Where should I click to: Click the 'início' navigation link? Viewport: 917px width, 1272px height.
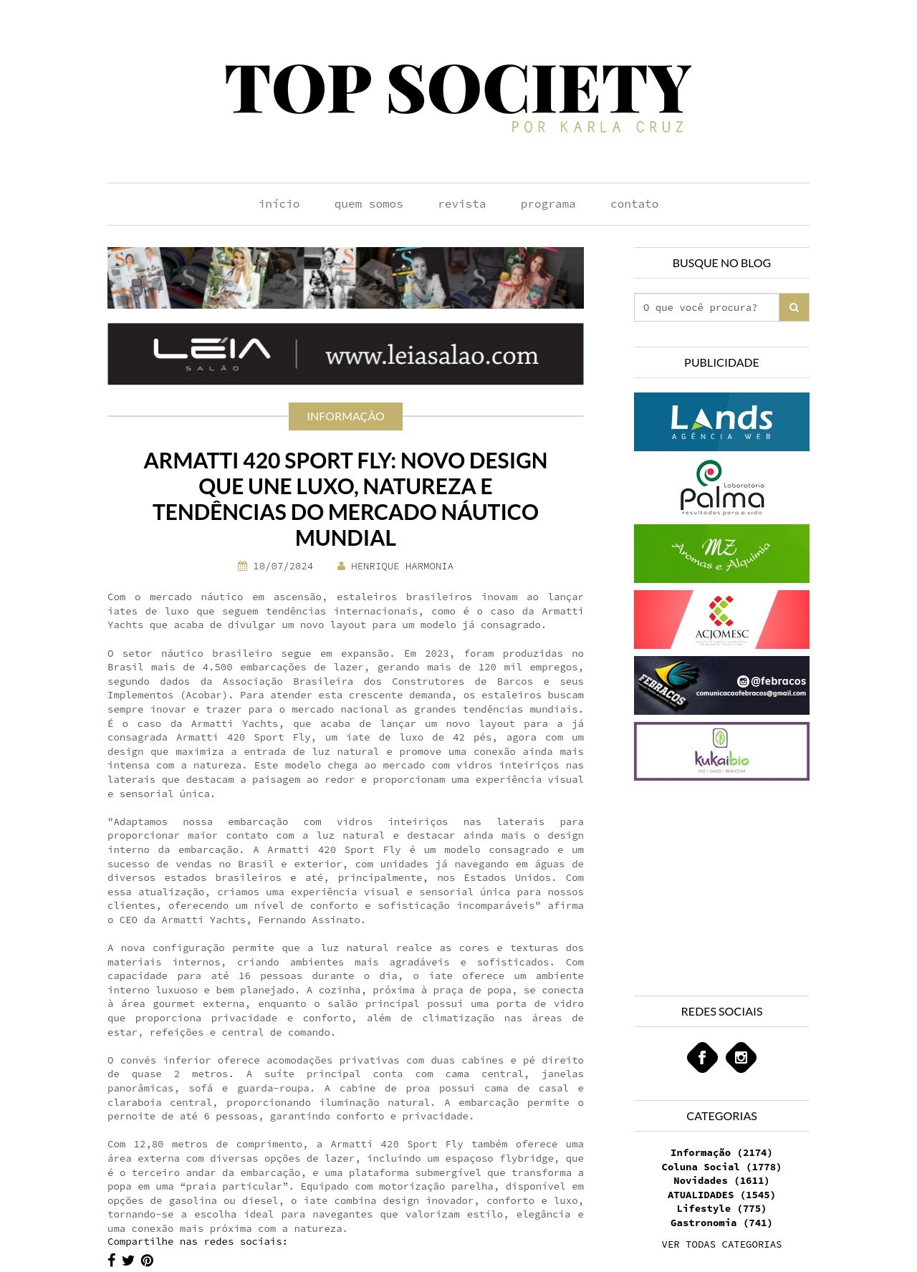click(279, 204)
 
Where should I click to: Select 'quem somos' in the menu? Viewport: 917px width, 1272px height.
click(368, 204)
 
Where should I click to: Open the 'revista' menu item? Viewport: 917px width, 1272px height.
click(461, 204)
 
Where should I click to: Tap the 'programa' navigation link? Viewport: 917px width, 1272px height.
click(547, 204)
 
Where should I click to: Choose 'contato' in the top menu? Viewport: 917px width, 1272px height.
click(634, 204)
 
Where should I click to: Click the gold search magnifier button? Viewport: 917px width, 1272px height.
click(794, 307)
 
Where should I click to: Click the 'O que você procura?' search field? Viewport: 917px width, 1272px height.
click(706, 307)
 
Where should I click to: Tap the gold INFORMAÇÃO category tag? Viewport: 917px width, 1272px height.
click(345, 416)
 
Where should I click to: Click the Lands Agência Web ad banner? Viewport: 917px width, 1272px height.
click(721, 422)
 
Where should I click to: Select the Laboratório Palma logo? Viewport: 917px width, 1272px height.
click(721, 488)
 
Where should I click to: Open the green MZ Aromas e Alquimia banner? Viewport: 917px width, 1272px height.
click(721, 554)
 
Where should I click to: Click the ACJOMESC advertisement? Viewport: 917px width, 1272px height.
click(721, 620)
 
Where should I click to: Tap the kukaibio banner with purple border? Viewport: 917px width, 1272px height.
click(721, 751)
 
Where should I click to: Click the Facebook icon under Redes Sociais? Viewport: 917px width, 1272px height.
click(702, 1057)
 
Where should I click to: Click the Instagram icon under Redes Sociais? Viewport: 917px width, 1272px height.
click(741, 1057)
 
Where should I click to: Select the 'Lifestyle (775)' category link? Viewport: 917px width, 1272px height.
click(721, 1208)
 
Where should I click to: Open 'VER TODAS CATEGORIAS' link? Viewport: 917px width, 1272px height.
click(721, 1244)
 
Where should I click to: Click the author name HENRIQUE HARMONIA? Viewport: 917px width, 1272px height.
click(401, 566)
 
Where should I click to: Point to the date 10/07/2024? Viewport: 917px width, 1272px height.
click(282, 566)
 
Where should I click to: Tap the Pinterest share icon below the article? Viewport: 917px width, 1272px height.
click(147, 1261)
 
